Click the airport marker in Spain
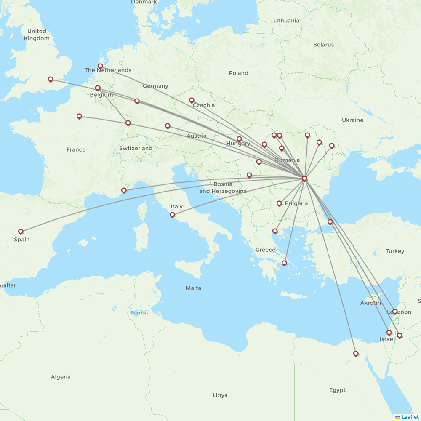[x=21, y=232]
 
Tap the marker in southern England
[x=51, y=79]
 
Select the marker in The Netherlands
[x=100, y=66]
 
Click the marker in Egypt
[x=356, y=354]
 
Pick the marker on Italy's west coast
[x=172, y=215]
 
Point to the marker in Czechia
[x=192, y=100]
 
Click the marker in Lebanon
[x=395, y=312]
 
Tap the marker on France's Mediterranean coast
[x=124, y=190]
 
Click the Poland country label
[x=238, y=73]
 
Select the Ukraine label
[x=352, y=120]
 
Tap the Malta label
[x=193, y=288]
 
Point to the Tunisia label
[x=140, y=313]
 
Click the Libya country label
[x=220, y=395]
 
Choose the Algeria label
[x=61, y=377]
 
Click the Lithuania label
[x=286, y=21]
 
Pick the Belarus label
[x=323, y=45]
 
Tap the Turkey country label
[x=394, y=251]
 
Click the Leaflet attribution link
[x=410, y=417]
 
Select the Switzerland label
[x=136, y=149]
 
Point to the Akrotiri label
[x=370, y=303]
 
